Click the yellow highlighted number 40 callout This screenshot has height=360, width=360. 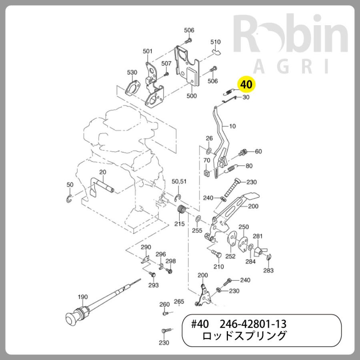[x=247, y=84]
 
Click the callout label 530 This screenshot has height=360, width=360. [x=132, y=72]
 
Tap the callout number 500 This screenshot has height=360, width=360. [x=192, y=96]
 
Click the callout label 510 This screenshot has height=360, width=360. [x=216, y=42]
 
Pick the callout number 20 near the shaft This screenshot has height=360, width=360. [x=102, y=172]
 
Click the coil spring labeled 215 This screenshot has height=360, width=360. [x=182, y=210]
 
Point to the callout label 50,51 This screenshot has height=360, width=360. [x=179, y=181]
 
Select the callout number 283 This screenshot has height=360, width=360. [x=268, y=270]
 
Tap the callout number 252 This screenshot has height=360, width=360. [x=230, y=256]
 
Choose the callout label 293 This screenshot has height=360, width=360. [x=154, y=285]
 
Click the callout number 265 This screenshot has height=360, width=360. [x=179, y=302]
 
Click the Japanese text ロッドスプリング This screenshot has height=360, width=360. [x=244, y=336]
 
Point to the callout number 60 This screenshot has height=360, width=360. [x=258, y=151]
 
